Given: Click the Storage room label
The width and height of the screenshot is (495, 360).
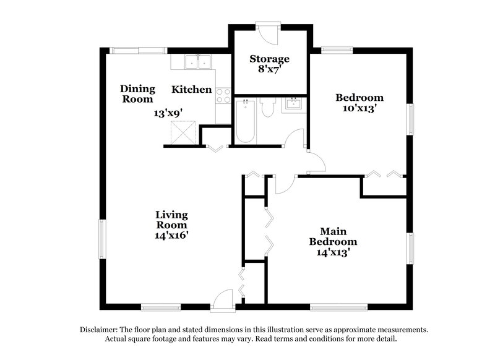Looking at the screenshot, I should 269,59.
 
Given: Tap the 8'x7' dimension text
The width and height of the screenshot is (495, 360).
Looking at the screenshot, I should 269,69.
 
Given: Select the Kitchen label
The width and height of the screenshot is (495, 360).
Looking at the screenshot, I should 191,90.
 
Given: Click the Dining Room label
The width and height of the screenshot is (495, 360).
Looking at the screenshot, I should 137,93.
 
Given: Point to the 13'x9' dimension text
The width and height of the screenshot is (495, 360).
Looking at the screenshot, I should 168,113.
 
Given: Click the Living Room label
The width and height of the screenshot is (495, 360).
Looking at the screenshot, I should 171,220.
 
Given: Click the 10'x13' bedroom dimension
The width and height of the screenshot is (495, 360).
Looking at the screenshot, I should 359,108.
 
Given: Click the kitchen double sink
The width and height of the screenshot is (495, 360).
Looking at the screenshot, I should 199,62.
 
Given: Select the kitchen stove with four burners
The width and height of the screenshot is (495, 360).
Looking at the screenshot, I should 223,96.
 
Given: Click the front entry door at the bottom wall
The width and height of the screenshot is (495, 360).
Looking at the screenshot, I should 222,301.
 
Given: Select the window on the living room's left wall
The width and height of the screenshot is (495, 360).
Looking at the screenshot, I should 104,239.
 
